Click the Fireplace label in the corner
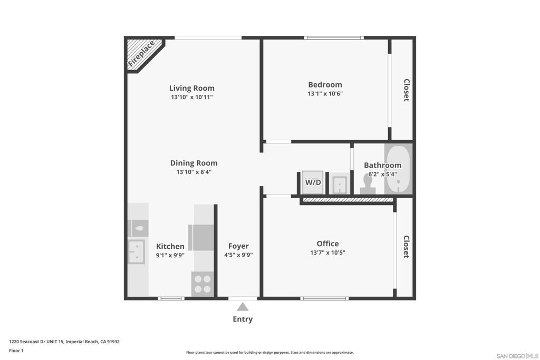point(141,54)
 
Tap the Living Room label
point(192,88)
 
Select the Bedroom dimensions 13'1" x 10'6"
point(325,94)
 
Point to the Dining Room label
point(194,163)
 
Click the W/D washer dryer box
point(313,182)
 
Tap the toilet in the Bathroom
point(368,184)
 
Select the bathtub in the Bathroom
point(399,169)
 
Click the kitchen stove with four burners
point(202,284)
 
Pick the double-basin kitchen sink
point(137,252)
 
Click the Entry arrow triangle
point(243,307)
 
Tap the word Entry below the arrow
point(243,319)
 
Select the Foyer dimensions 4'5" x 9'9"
point(238,255)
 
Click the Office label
point(328,244)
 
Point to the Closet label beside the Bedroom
point(407,90)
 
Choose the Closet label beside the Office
point(407,247)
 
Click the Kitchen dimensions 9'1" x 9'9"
point(170,255)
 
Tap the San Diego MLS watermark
point(517,356)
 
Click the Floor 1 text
point(16,351)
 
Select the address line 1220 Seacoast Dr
point(64,342)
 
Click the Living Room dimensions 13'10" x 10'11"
point(192,97)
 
